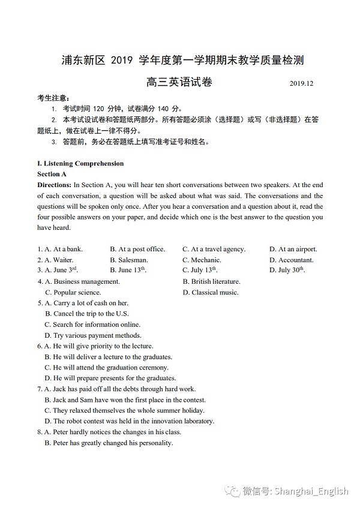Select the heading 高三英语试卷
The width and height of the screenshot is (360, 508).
(179, 82)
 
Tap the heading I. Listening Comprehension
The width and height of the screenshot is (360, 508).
(80, 163)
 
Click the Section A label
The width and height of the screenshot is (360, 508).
(52, 174)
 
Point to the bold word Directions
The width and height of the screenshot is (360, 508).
(54, 185)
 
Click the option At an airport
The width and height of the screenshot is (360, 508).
(298, 249)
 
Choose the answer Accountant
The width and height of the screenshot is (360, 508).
(296, 260)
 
